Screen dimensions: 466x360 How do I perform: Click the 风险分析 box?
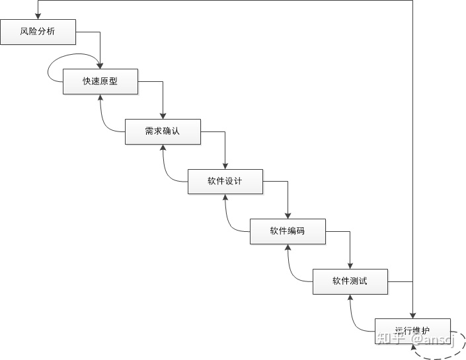click(38, 32)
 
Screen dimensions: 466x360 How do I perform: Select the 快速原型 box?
click(100, 81)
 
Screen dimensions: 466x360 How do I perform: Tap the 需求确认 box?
click(163, 131)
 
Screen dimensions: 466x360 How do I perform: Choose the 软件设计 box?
click(225, 181)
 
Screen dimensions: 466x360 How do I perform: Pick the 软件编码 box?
click(287, 231)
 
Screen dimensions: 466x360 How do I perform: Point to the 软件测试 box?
click(350, 281)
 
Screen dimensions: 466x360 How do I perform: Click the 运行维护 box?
click(412, 330)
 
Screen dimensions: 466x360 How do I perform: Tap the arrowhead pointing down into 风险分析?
click(38, 16)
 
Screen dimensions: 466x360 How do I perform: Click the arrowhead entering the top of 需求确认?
click(163, 116)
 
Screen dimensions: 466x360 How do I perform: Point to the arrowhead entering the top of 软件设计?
click(225, 166)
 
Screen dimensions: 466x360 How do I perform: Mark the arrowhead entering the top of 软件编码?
click(288, 215)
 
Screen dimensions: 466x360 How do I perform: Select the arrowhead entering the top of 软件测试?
click(350, 266)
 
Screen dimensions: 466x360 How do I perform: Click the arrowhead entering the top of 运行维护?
click(412, 314)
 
